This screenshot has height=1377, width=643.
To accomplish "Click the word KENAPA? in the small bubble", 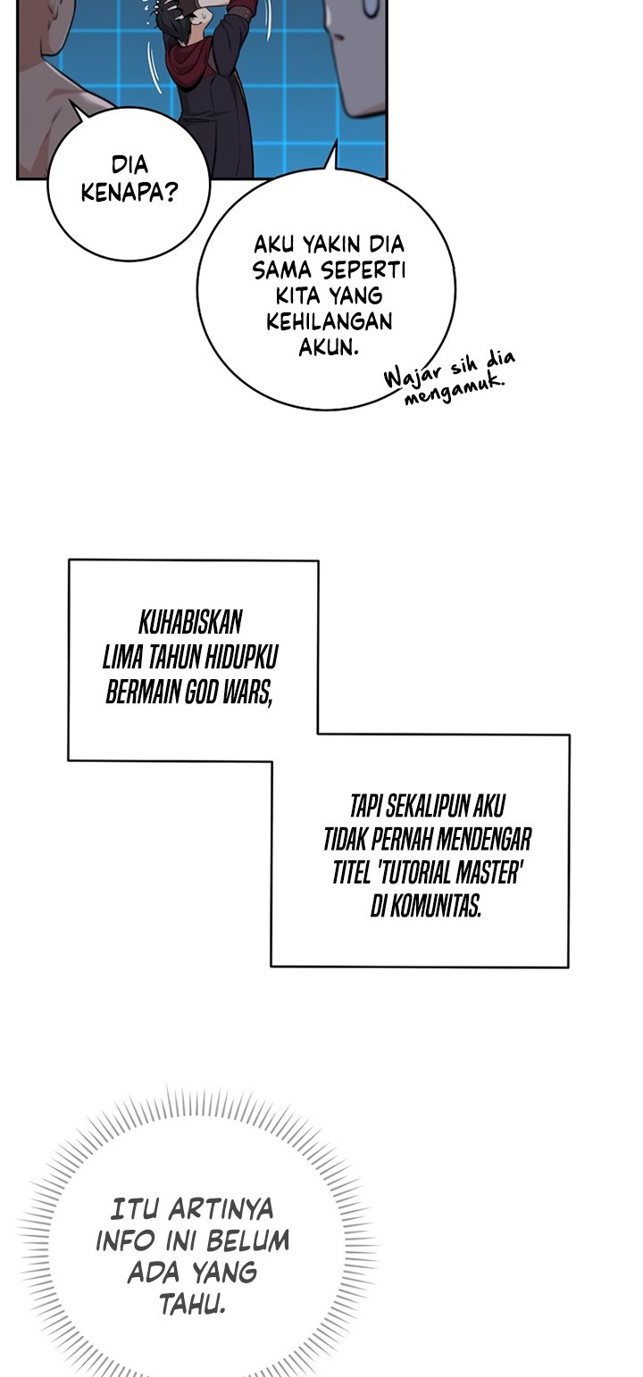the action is click(x=129, y=193).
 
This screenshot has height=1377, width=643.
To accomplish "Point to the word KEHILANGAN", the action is click(x=330, y=321).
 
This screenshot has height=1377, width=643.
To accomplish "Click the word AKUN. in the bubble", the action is click(x=329, y=347).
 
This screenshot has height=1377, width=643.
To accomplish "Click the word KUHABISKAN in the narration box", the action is click(x=190, y=623).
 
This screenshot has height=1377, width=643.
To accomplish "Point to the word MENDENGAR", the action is click(x=486, y=839).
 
